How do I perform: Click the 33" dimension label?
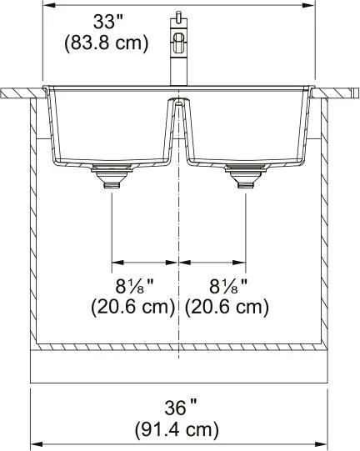[107, 22]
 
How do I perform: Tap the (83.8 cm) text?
[107, 43]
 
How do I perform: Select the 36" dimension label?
[181, 408]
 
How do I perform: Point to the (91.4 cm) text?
[177, 429]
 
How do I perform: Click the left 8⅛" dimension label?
[134, 286]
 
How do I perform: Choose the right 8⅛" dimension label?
[228, 286]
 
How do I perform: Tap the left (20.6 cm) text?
[133, 307]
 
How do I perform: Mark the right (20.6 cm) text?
[227, 307]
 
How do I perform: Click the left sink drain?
[112, 176]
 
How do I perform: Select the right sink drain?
[246, 176]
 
